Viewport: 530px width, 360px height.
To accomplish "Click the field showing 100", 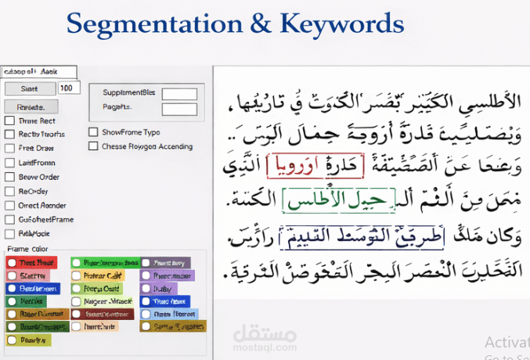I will [x=68, y=88].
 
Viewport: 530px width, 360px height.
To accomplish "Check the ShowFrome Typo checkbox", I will [x=94, y=132].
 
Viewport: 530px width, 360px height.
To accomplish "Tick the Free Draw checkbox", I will [x=9, y=148].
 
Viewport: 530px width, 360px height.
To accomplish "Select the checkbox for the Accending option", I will [x=94, y=146].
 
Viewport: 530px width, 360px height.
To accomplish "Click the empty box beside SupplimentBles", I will [x=179, y=94].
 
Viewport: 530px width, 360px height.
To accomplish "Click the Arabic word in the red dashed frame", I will [x=294, y=166].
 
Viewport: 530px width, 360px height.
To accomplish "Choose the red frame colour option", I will [x=13, y=263].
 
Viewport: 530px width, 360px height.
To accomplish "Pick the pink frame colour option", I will [x=13, y=275].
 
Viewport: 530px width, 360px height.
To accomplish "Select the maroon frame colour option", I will [x=77, y=314].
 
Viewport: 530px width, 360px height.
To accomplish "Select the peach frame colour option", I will [x=77, y=326].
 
